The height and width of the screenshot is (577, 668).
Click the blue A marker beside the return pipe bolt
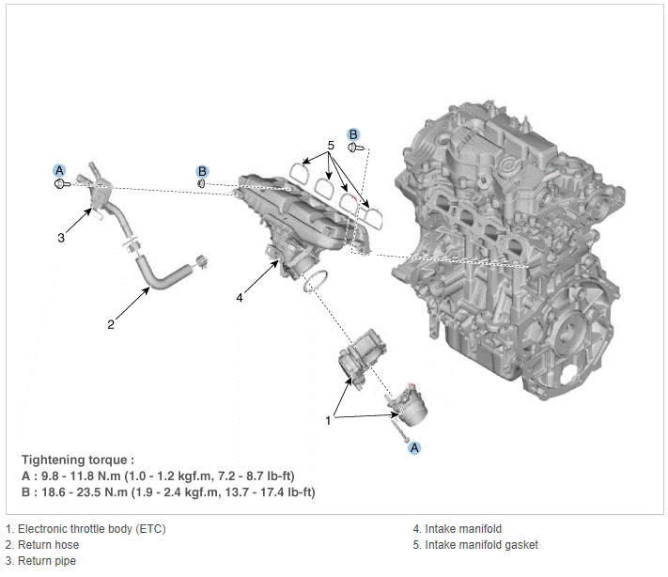pyautogui.click(x=59, y=170)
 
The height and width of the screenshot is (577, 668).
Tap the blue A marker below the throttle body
pyautogui.click(x=414, y=448)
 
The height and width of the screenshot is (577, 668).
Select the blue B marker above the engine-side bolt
pyautogui.click(x=353, y=134)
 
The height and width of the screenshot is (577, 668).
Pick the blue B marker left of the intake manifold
pyautogui.click(x=202, y=171)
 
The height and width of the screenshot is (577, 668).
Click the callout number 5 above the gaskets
pyautogui.click(x=331, y=146)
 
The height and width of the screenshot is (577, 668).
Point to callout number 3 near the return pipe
pyautogui.click(x=61, y=238)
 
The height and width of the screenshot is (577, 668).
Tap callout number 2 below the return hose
pyautogui.click(x=111, y=325)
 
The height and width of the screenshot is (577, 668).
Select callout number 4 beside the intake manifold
pyautogui.click(x=240, y=298)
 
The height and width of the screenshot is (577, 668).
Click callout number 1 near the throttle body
pyautogui.click(x=328, y=421)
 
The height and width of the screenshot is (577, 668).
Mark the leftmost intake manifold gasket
pyautogui.click(x=300, y=173)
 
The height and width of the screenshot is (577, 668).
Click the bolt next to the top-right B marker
pyautogui.click(x=356, y=148)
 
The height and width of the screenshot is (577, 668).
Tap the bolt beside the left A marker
pyautogui.click(x=62, y=184)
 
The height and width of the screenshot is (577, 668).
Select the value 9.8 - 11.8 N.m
pyautogui.click(x=81, y=476)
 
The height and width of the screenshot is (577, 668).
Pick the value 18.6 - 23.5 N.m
pyautogui.click(x=85, y=492)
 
